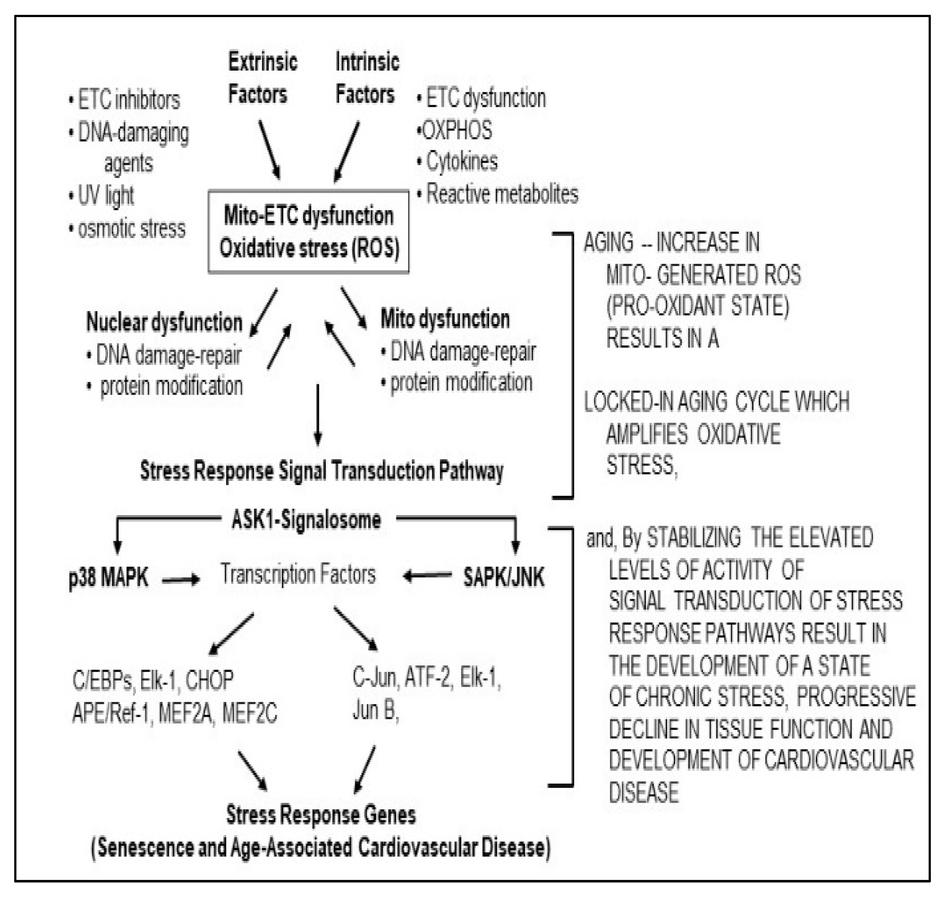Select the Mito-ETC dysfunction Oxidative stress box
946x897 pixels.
click(x=308, y=232)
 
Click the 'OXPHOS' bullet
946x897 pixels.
click(x=456, y=130)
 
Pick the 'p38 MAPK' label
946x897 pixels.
click(x=108, y=577)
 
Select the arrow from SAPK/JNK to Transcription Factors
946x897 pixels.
click(x=427, y=576)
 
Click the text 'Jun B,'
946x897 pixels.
click(x=375, y=711)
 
